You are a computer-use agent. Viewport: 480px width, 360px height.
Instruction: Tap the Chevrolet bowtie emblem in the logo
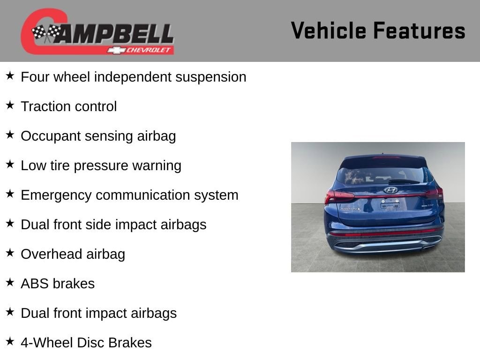click(116, 50)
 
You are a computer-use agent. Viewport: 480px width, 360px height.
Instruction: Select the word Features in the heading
click(419, 30)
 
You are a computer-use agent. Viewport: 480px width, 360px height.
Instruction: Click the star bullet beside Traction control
click(10, 105)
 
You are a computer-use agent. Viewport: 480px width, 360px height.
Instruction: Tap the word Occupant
click(51, 136)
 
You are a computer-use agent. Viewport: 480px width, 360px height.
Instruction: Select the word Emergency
click(56, 195)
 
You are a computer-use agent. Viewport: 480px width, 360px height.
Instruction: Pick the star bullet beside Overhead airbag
click(10, 253)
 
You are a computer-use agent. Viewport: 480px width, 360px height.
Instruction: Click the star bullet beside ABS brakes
click(10, 282)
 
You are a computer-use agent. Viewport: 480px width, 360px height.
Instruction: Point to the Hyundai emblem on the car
click(390, 190)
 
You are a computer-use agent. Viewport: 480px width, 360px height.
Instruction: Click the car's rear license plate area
click(390, 204)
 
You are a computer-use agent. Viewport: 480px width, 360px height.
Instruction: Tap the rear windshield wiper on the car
click(404, 181)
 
